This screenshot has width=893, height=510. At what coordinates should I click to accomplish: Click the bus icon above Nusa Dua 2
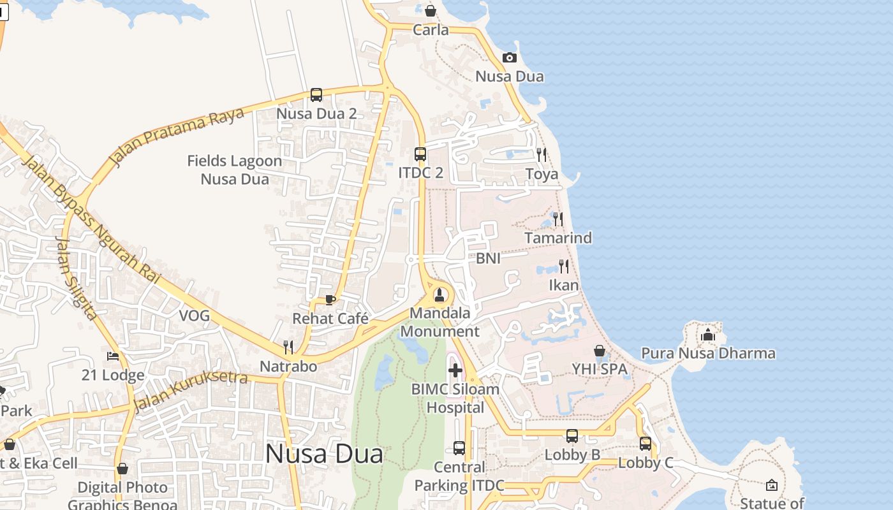(x=316, y=95)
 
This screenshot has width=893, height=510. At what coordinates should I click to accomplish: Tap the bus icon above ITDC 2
(x=420, y=154)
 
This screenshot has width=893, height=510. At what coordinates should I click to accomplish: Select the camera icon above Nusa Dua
(x=509, y=58)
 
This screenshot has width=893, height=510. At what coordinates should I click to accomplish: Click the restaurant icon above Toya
(x=542, y=154)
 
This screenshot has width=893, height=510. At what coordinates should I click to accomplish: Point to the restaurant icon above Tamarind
(x=558, y=219)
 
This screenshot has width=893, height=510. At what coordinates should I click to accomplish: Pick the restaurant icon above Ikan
(x=564, y=266)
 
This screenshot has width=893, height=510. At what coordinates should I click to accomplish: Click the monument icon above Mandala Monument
(x=439, y=295)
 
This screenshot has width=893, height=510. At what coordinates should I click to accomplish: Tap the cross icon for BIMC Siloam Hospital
(x=455, y=370)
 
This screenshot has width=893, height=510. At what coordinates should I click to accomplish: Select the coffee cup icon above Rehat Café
(x=330, y=299)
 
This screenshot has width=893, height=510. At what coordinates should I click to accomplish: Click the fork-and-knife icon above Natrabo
(x=288, y=347)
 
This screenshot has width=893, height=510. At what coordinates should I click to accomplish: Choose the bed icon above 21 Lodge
(x=113, y=356)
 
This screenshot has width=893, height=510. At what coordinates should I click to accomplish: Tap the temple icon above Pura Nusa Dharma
(x=707, y=335)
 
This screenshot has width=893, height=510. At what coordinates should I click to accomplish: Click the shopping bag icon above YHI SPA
(x=600, y=351)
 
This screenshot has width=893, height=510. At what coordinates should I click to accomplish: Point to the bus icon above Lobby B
(x=572, y=436)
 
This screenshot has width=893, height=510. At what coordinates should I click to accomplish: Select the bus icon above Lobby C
(x=646, y=443)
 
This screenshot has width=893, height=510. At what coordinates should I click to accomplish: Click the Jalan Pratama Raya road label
(x=177, y=136)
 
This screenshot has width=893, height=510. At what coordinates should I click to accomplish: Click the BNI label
(x=488, y=258)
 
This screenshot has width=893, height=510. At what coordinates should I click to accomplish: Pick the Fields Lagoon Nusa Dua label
(x=234, y=170)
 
